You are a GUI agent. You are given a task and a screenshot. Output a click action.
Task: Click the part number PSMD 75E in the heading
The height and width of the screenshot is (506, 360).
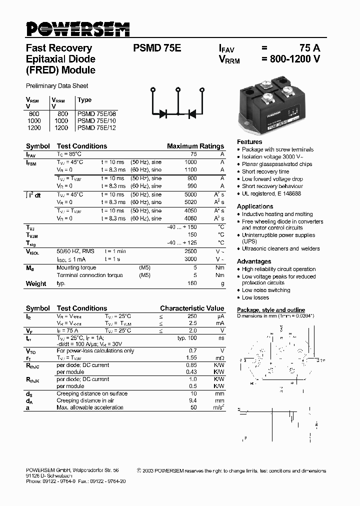(157, 48)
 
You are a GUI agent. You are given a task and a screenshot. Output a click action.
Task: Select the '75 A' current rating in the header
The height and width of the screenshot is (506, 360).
(309, 48)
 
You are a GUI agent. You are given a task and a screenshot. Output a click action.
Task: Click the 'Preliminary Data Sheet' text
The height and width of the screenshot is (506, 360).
(57, 86)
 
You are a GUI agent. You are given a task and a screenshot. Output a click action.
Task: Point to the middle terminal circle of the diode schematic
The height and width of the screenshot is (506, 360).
(177, 90)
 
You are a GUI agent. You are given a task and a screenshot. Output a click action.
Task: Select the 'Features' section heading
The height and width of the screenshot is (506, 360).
(249, 142)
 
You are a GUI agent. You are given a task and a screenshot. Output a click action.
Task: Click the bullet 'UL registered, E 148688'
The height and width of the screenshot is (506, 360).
(271, 193)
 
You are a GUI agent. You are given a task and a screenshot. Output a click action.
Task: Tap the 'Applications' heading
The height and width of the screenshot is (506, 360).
(255, 206)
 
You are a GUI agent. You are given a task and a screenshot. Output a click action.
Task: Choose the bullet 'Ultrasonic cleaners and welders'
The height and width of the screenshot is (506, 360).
(280, 248)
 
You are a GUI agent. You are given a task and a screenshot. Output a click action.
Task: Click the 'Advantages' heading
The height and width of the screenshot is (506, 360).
(254, 261)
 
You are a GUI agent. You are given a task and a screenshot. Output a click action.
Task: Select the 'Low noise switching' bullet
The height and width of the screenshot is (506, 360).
(266, 290)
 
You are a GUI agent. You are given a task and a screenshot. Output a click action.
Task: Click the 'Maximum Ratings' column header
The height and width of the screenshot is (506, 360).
(195, 146)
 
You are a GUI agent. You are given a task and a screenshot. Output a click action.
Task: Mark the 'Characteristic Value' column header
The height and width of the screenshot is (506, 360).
(192, 308)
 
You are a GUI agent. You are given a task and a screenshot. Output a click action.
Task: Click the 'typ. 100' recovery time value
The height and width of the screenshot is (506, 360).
(187, 338)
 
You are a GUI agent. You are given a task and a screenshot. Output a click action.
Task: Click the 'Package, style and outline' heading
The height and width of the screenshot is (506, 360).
(270, 310)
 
